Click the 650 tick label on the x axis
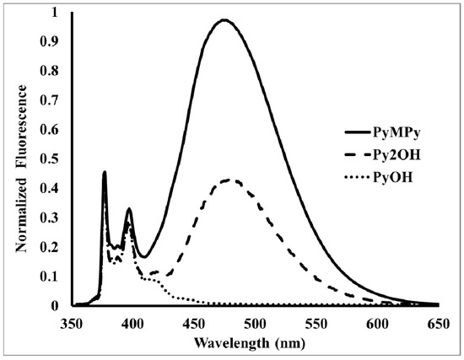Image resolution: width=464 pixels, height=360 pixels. coord(438,322)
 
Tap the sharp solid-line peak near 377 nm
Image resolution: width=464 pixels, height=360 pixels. coord(105,172)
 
